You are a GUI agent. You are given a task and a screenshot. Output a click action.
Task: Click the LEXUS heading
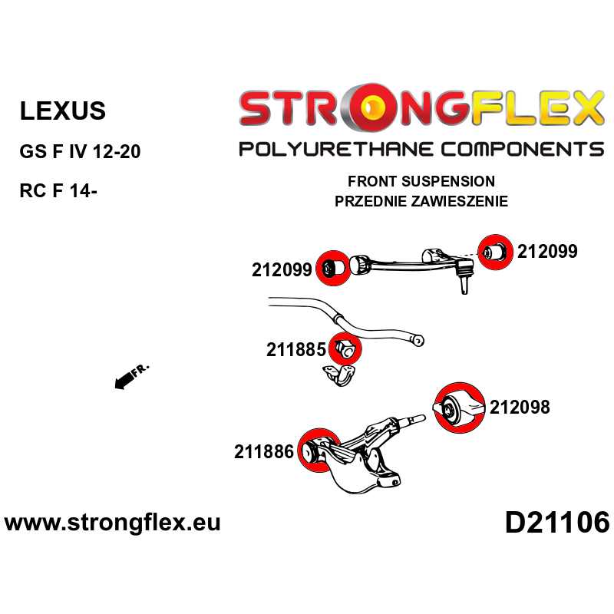[x=63, y=111]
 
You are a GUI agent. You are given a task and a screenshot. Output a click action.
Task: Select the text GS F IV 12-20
[x=80, y=151]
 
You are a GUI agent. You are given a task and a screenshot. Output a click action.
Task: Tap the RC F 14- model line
[x=58, y=190]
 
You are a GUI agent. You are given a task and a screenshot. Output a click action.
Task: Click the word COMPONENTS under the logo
[x=523, y=149]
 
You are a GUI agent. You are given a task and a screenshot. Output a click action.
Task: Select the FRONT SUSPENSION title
[x=421, y=181]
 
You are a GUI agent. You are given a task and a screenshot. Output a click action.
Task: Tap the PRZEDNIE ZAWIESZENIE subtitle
[x=421, y=201]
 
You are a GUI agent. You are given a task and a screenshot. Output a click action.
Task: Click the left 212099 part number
[x=282, y=270]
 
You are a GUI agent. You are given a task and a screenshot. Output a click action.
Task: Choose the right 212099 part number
[x=547, y=252]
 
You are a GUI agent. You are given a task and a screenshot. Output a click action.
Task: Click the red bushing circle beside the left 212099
[x=333, y=268]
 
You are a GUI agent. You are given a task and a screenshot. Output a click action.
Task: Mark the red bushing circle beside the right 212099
[x=495, y=253]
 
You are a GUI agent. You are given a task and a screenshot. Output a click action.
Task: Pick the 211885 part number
[x=296, y=350]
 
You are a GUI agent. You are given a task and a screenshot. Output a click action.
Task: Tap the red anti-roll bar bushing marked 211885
[x=345, y=348]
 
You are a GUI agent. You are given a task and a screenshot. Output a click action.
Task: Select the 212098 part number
[x=520, y=408]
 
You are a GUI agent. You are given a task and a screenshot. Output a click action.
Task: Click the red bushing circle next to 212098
[x=459, y=408]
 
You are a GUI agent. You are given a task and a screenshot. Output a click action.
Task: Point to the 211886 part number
[x=264, y=452]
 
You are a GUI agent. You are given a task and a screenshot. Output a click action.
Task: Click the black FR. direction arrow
[x=124, y=381]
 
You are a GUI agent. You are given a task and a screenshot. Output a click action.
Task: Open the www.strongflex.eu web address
[x=112, y=523]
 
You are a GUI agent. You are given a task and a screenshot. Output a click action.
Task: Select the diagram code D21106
[x=557, y=523]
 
